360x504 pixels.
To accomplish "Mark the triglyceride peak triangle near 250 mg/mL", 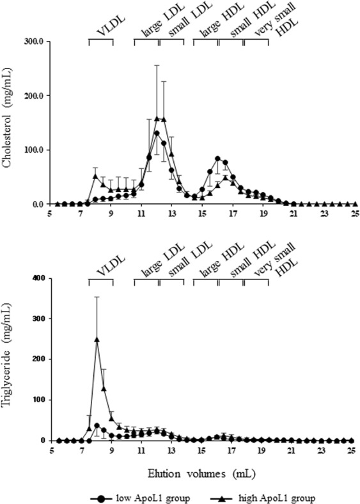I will pos(97,340).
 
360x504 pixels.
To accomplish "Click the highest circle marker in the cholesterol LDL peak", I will pos(157,133).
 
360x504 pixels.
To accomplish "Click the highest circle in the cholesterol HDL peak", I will pos(217,159).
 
